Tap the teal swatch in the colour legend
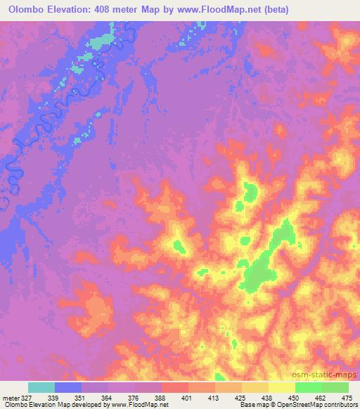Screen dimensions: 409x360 (x=41, y=387)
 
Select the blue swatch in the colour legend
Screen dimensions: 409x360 (x=68, y=387)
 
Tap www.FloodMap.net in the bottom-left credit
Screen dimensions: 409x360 (x=138, y=405)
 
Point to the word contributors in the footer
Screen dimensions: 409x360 (x=340, y=405)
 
